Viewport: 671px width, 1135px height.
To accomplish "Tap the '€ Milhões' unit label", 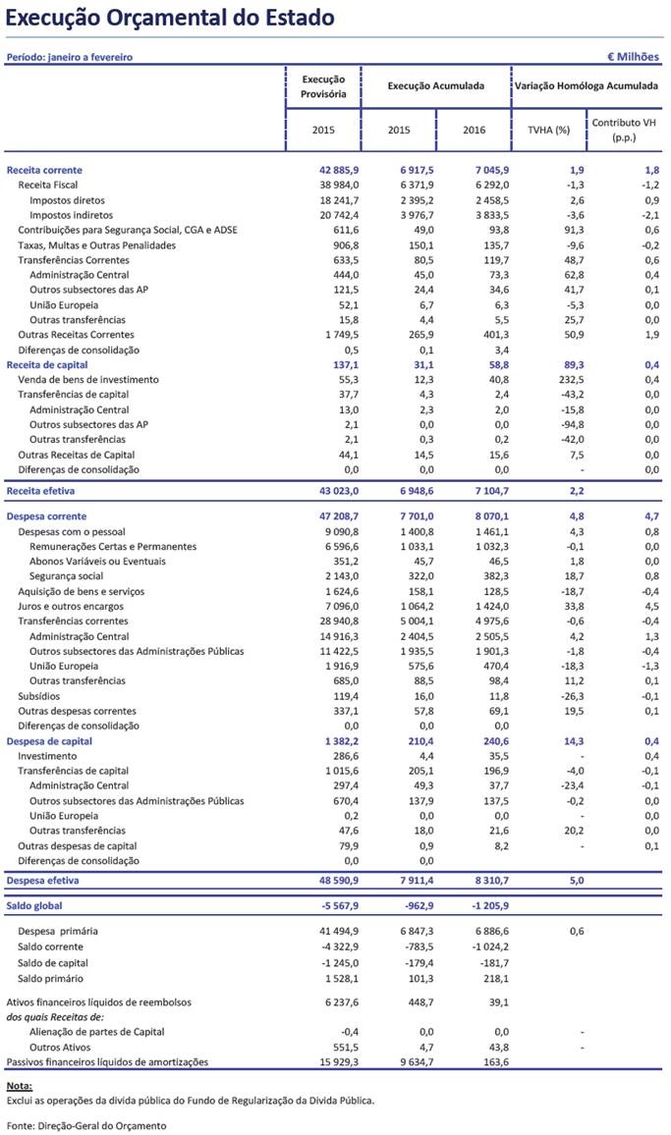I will tap(635, 57).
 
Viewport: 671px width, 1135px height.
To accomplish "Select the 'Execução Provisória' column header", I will tap(322, 86).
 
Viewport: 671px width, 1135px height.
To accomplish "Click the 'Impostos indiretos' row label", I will tap(71, 214).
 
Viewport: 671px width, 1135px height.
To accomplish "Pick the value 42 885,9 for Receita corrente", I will tap(323, 170).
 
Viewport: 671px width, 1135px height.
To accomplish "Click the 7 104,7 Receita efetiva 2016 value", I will tap(475, 489).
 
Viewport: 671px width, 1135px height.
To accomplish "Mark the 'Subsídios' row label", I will tap(39, 695).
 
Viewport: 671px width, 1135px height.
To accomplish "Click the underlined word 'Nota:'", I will tap(19, 1085).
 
